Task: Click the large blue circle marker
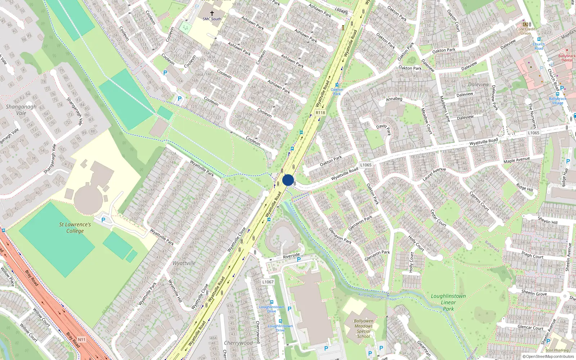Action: (288, 180)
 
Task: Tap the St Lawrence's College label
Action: (75, 228)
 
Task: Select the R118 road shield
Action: (320, 113)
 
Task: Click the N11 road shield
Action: (82, 339)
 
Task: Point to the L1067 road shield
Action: (268, 282)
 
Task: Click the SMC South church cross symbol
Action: (212, 13)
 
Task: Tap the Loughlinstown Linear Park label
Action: (448, 302)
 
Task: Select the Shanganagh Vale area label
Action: (21, 109)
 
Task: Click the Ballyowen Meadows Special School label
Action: (364, 328)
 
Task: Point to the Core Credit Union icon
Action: (525, 24)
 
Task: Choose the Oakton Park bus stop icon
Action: (337, 85)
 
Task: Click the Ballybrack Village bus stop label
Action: (557, 101)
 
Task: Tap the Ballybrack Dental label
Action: (567, 58)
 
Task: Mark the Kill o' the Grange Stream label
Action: (377, 297)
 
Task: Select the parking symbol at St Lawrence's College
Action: (103, 220)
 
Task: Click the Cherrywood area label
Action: (238, 343)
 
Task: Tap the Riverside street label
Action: (291, 256)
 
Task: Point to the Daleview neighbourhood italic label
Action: (478, 85)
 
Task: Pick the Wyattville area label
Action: (184, 263)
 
